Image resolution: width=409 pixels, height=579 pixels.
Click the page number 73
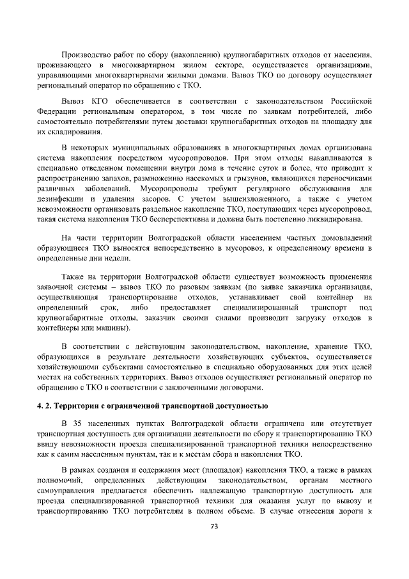click(x=215, y=527)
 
